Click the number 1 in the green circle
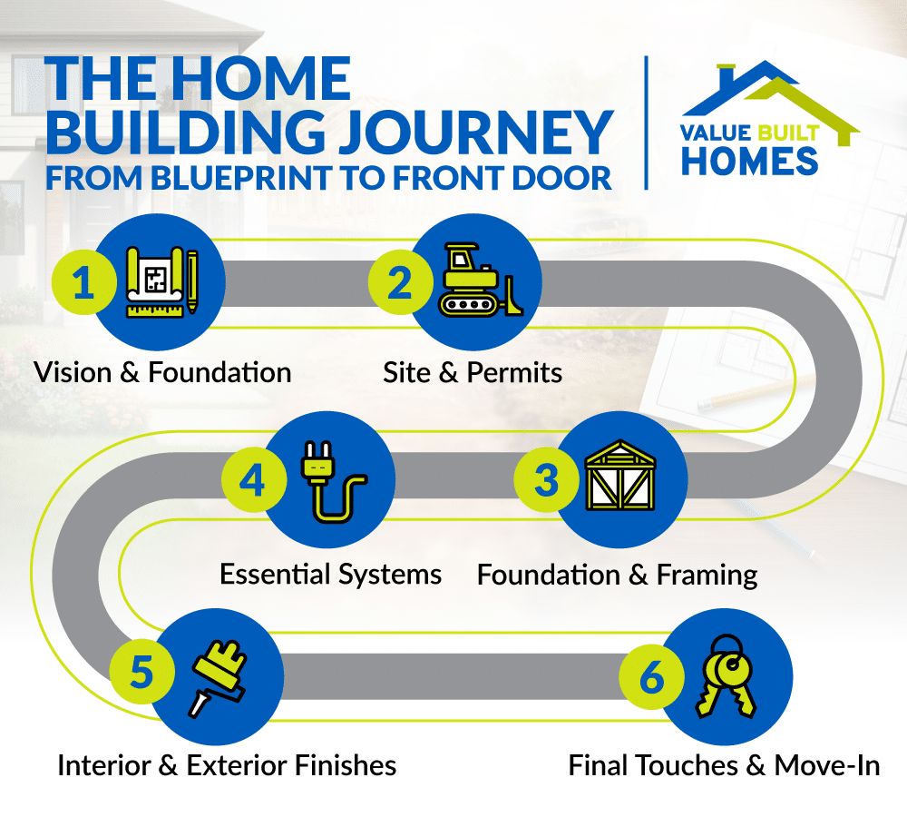click(x=83, y=283)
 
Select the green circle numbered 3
click(x=545, y=480)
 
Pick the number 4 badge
click(x=252, y=480)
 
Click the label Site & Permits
click(x=473, y=372)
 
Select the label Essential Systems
click(x=331, y=574)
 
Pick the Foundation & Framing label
click(x=618, y=575)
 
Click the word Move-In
click(x=827, y=765)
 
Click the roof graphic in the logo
click(x=771, y=91)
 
